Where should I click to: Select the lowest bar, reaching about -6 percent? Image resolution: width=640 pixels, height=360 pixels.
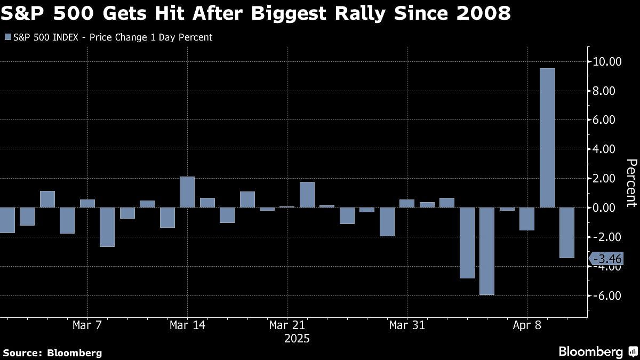pyautogui.click(x=487, y=251)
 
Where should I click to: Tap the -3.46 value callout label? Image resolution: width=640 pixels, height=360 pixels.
pyautogui.click(x=607, y=259)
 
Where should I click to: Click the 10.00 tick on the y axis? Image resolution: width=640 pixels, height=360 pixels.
pyautogui.click(x=607, y=62)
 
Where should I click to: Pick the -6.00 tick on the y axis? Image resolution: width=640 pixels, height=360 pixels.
pyautogui.click(x=607, y=295)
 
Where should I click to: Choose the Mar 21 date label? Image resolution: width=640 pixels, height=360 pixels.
pyautogui.click(x=287, y=325)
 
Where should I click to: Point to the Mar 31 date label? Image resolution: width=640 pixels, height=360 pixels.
pyautogui.click(x=407, y=325)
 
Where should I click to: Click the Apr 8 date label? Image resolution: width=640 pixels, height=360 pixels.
pyautogui.click(x=527, y=325)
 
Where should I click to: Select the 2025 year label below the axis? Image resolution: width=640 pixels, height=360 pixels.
pyautogui.click(x=297, y=339)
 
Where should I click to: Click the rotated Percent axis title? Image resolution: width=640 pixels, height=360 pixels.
pyautogui.click(x=631, y=182)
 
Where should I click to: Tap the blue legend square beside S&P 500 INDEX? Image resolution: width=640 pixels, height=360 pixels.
pyautogui.click(x=7, y=37)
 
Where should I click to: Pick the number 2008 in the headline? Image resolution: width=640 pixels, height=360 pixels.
pyautogui.click(x=483, y=13)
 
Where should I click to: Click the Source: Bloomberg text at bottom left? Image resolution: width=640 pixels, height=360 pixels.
pyautogui.click(x=52, y=353)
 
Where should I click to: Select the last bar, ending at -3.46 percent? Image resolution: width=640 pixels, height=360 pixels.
pyautogui.click(x=567, y=233)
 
